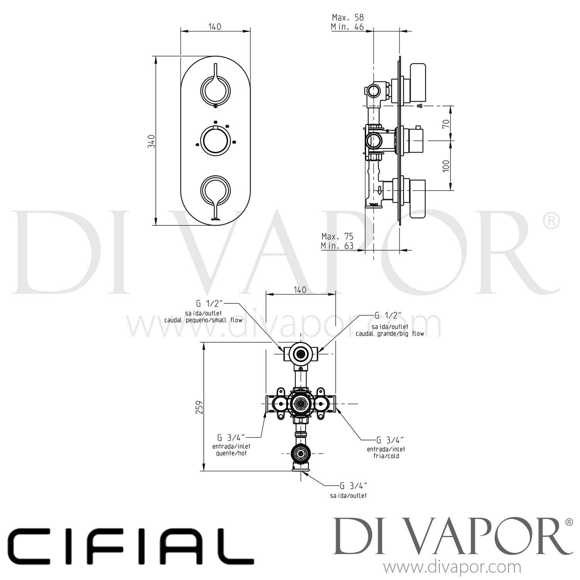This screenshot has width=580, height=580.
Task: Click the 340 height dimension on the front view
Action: click(152, 142)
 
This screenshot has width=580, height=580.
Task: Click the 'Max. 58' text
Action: click(348, 17)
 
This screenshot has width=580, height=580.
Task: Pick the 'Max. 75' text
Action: click(337, 236)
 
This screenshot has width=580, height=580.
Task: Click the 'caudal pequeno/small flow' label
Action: click(203, 320)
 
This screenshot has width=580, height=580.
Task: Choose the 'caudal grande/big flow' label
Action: click(390, 333)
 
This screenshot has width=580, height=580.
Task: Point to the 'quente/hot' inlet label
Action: click(231, 453)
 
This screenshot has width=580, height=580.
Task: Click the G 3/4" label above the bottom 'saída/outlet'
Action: click(353, 486)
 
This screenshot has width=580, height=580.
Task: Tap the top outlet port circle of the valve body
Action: click(300, 353)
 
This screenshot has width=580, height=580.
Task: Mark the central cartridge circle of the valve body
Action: click(300, 404)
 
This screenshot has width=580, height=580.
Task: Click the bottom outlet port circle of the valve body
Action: click(300, 453)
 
